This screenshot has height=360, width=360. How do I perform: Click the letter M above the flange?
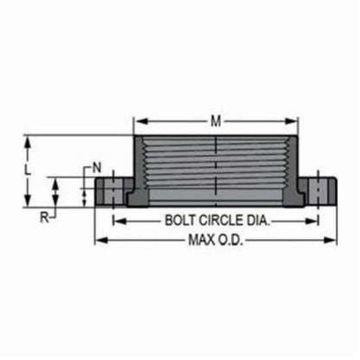(215, 120)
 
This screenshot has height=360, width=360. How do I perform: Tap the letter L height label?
(29, 170)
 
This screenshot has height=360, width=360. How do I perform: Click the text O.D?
(234, 240)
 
